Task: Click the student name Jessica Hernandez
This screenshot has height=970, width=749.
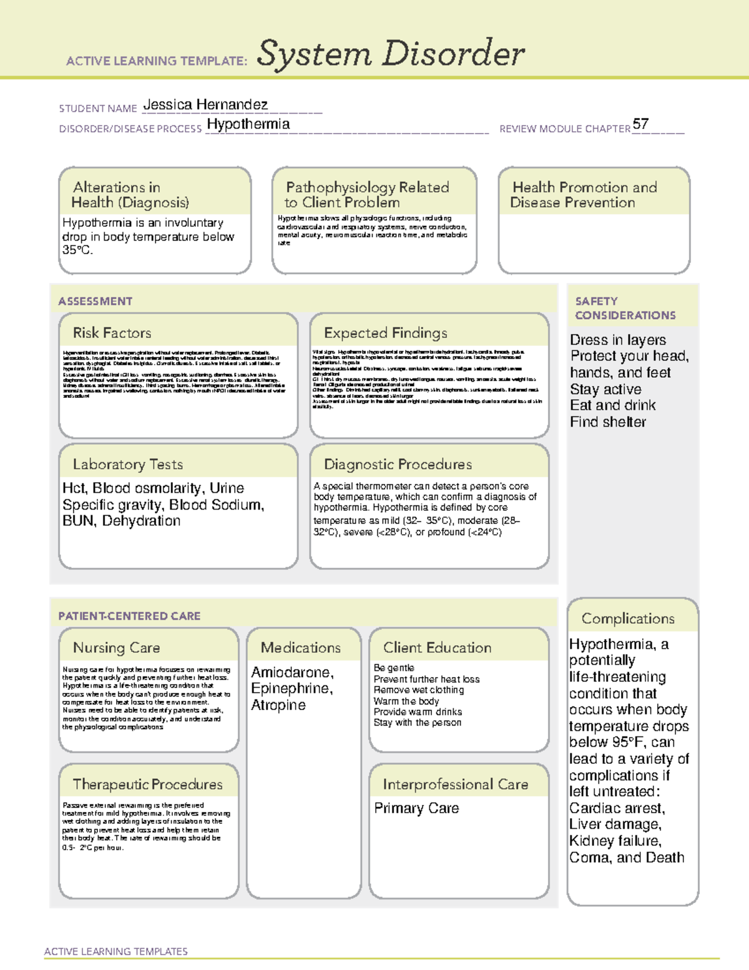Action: pyautogui.click(x=205, y=105)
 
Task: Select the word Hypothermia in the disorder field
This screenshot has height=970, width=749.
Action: pyautogui.click(x=248, y=124)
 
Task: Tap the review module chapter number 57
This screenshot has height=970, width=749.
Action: pyautogui.click(x=640, y=124)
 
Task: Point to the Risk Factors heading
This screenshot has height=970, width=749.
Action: pyautogui.click(x=112, y=333)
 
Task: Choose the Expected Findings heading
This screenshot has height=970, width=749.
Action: pyautogui.click(x=385, y=333)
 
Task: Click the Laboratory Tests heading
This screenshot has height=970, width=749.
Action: pyautogui.click(x=127, y=464)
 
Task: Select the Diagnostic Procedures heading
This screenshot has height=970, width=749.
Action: pyautogui.click(x=398, y=464)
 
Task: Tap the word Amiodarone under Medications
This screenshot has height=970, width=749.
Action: pyautogui.click(x=291, y=672)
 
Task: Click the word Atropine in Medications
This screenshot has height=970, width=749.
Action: pyautogui.click(x=278, y=705)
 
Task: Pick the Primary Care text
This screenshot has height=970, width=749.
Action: pyautogui.click(x=416, y=808)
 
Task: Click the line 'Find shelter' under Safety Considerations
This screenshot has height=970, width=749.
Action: pyautogui.click(x=607, y=422)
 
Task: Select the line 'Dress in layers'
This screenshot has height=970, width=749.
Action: pyautogui.click(x=617, y=340)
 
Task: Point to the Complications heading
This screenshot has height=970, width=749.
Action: pyautogui.click(x=628, y=618)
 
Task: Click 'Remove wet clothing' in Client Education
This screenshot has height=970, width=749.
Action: pyautogui.click(x=418, y=690)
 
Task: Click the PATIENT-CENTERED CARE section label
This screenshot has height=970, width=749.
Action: pyautogui.click(x=129, y=616)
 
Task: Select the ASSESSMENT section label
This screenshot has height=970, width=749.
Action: pyautogui.click(x=95, y=301)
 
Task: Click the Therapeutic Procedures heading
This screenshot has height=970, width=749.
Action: pyautogui.click(x=147, y=784)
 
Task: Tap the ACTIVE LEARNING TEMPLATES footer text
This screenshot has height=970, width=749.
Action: pyautogui.click(x=115, y=951)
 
